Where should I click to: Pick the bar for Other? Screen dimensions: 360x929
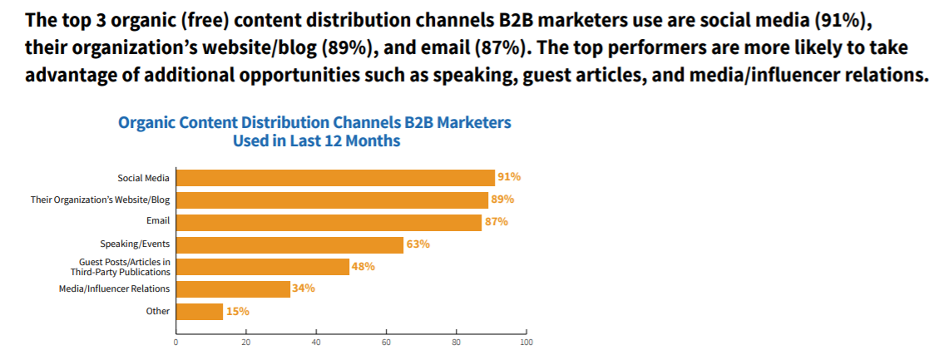pyautogui.click(x=200, y=312)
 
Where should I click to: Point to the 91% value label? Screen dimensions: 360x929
pyautogui.click(x=509, y=177)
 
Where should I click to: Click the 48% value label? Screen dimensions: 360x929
pyautogui.click(x=363, y=267)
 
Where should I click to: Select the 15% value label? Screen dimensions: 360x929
pyautogui.click(x=237, y=312)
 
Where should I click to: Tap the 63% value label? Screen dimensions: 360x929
pyautogui.click(x=418, y=244)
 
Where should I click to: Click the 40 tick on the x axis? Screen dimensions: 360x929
pyautogui.click(x=316, y=342)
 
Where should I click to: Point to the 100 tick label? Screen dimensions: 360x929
pyautogui.click(x=525, y=342)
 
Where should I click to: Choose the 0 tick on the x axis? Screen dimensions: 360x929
pyautogui.click(x=176, y=342)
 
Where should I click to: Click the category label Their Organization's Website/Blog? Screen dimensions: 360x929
pyautogui.click(x=100, y=200)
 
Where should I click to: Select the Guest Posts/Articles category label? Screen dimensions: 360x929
pyautogui.click(x=119, y=267)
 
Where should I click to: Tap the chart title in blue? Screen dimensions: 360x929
pyautogui.click(x=315, y=131)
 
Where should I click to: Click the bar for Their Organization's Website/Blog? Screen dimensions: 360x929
pyautogui.click(x=334, y=200)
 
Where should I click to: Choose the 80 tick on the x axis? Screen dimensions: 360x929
pyautogui.click(x=456, y=342)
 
